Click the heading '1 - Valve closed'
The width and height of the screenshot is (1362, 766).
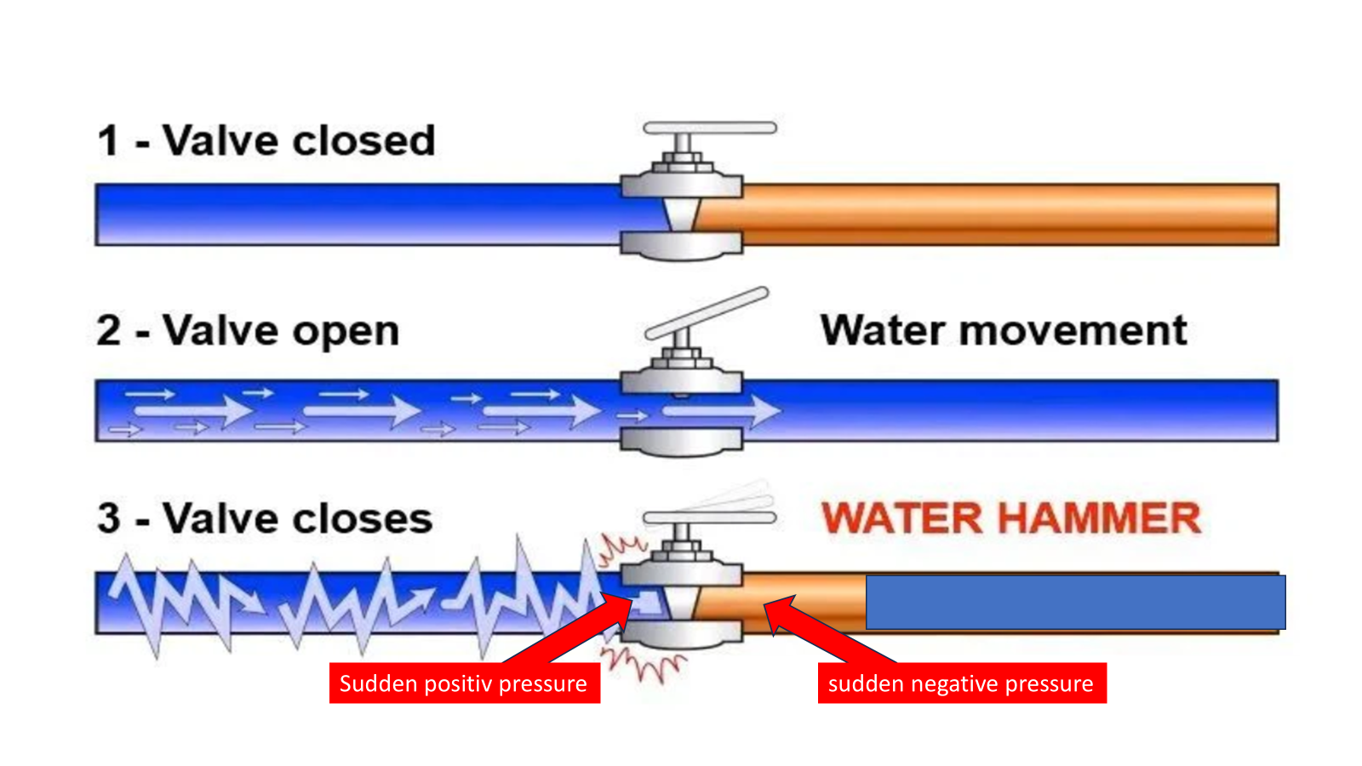[x=266, y=140]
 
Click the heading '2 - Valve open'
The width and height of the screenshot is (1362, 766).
[x=248, y=330]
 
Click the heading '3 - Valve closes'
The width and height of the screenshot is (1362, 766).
[x=265, y=518]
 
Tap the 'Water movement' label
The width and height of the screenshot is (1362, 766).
[x=1003, y=330]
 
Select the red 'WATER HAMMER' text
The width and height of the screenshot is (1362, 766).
[x=1010, y=518]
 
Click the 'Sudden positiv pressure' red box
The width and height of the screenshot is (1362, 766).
[x=464, y=683]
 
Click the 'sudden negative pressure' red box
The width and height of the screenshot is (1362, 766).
[x=961, y=683]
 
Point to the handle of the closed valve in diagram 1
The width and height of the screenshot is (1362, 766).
[x=709, y=129]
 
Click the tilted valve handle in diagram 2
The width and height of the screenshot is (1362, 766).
[x=707, y=313]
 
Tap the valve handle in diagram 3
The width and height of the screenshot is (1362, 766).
[x=709, y=517]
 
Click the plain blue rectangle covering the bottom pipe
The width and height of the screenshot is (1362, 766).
[x=1075, y=602]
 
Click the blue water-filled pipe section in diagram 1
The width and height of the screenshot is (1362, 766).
[x=358, y=214]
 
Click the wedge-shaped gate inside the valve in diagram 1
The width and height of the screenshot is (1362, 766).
[x=681, y=214]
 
